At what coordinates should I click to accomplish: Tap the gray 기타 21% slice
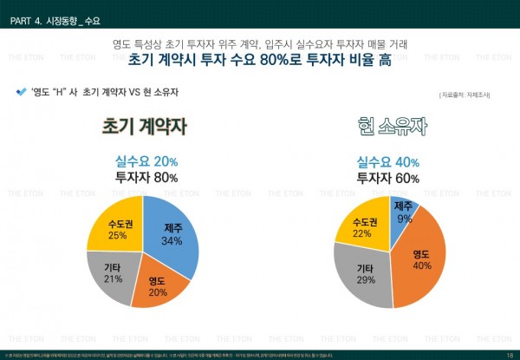(113, 272)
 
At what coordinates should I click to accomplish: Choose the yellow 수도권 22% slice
(363, 226)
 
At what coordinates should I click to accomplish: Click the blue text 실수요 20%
(146, 162)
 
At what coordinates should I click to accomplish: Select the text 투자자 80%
(146, 178)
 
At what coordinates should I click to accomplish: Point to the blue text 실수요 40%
(388, 162)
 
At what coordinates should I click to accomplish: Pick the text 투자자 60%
(388, 178)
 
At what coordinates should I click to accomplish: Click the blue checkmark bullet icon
(21, 91)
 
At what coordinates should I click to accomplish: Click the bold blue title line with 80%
(259, 61)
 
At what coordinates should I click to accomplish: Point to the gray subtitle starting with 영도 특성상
(259, 43)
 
